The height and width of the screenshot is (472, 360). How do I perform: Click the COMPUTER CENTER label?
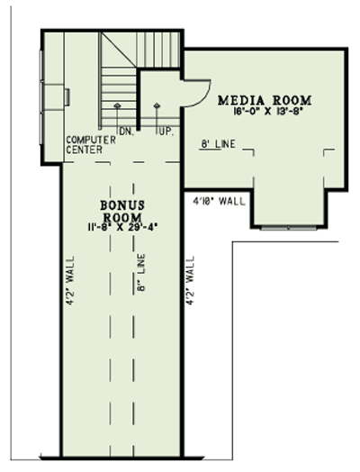click(90, 146)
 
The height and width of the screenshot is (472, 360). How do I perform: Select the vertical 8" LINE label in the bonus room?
click(140, 275)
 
